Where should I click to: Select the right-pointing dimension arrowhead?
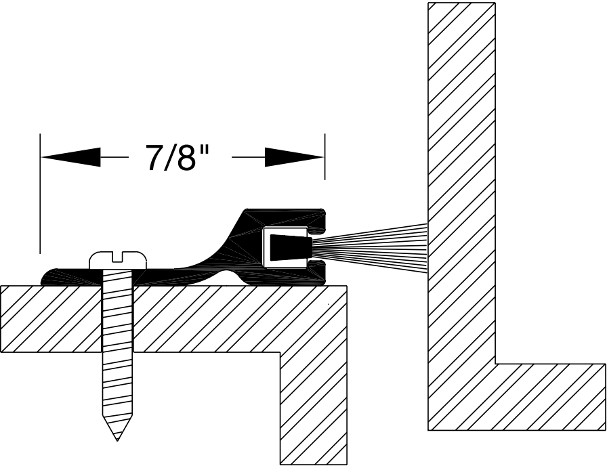click(294, 157)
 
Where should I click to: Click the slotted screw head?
click(119, 259)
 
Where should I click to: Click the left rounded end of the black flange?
click(49, 277)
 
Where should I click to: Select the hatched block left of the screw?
click(51, 318)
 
